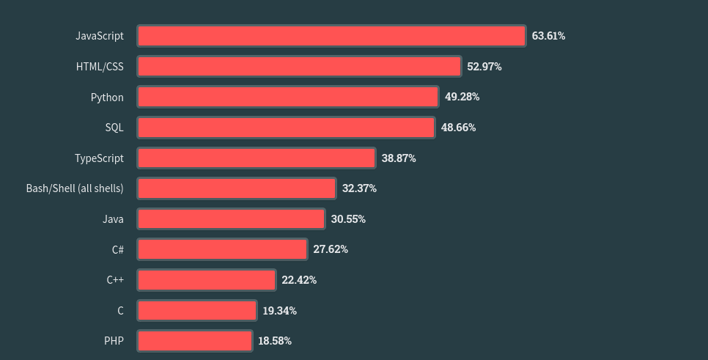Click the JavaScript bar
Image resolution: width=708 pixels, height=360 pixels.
click(331, 36)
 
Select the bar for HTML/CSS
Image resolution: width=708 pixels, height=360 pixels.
click(299, 67)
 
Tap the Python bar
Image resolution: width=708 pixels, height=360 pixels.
click(287, 97)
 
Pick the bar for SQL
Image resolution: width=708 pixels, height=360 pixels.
click(286, 128)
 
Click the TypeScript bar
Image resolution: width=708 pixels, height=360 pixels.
click(257, 158)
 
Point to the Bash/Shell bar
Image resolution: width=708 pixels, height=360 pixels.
click(237, 188)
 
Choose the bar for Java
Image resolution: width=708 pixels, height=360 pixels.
click(231, 219)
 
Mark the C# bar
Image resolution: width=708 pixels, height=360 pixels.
click(222, 249)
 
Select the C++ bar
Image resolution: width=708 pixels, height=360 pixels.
click(207, 280)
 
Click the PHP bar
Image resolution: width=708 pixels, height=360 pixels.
click(195, 341)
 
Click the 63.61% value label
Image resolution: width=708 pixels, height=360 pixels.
click(548, 36)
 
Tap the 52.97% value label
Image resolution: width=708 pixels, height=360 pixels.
click(484, 67)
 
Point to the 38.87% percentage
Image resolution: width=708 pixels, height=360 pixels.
click(399, 158)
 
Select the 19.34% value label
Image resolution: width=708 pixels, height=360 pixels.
click(280, 311)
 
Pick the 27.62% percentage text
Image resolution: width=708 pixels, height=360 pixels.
click(331, 249)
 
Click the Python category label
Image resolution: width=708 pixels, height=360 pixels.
click(107, 97)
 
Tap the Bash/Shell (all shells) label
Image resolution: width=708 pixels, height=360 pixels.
click(75, 188)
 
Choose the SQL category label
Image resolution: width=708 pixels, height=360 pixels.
click(114, 128)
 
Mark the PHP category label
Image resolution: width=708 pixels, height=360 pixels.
click(114, 341)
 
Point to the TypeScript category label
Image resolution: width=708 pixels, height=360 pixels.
click(99, 158)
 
